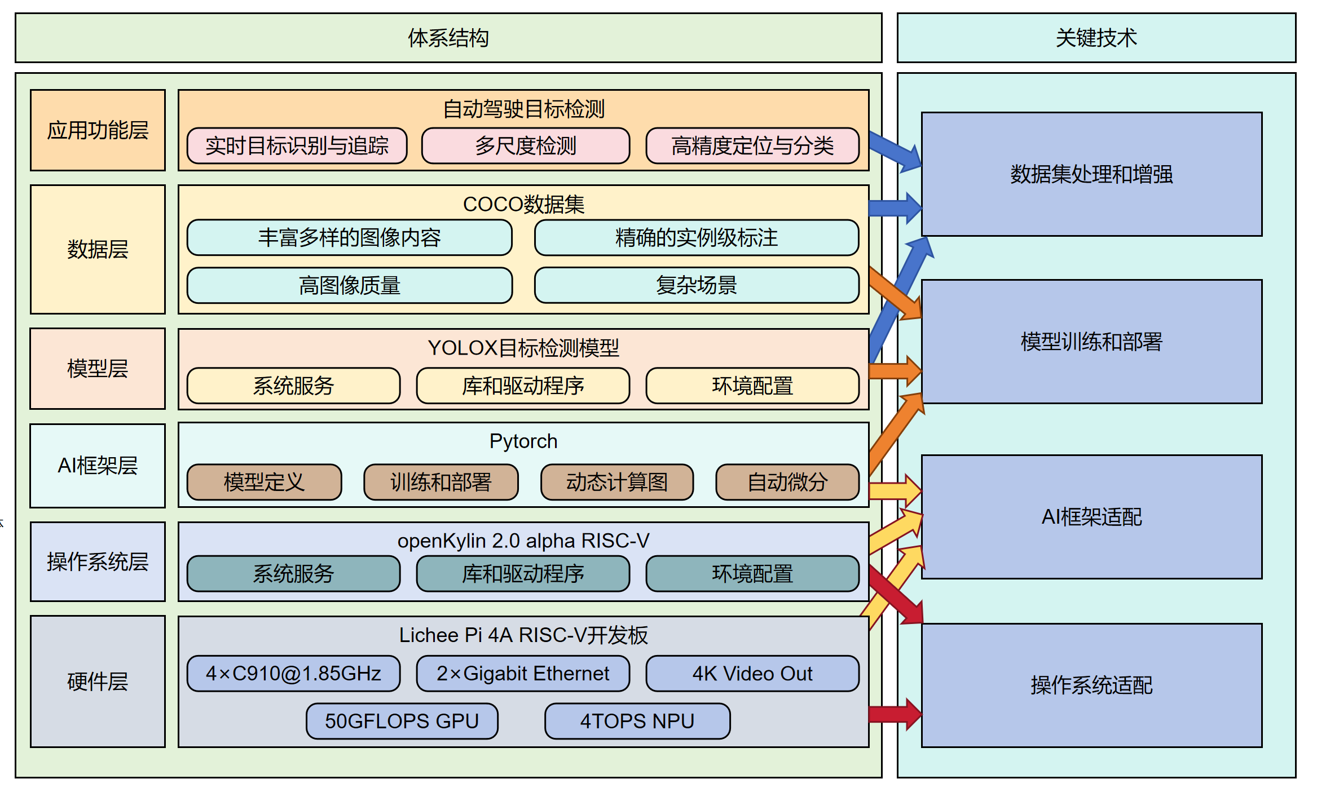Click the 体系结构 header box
(x=448, y=38)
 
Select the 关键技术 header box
(x=1096, y=38)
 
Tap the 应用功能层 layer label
(x=98, y=130)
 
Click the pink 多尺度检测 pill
(x=525, y=146)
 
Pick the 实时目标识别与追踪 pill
(x=297, y=146)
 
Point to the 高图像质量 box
(x=350, y=285)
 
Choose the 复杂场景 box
(x=696, y=285)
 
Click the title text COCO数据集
(x=523, y=204)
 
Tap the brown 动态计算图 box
(x=616, y=482)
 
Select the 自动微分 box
(x=787, y=482)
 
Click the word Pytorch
(x=523, y=441)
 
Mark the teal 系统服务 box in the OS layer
(x=293, y=574)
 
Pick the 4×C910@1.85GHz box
(x=293, y=674)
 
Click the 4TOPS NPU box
(x=637, y=721)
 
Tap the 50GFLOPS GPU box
(x=402, y=721)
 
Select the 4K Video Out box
(x=752, y=674)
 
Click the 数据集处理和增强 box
(x=1091, y=174)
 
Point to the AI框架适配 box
(x=1091, y=517)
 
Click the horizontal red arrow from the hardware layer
(x=894, y=714)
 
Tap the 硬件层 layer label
(x=98, y=682)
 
